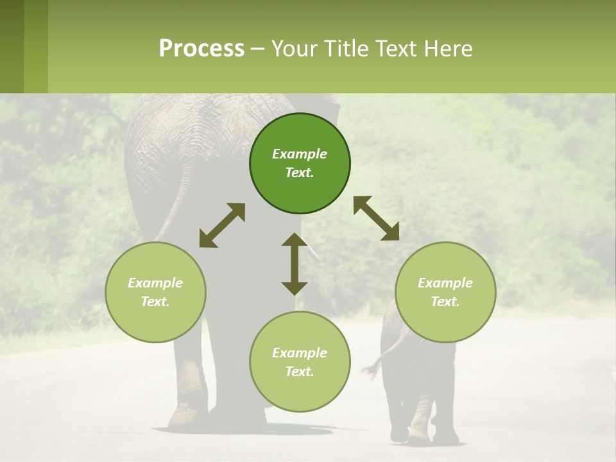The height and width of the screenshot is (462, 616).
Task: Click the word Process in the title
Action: [201, 49]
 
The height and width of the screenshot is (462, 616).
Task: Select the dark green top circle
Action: [300, 163]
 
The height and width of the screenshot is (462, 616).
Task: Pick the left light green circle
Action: [155, 292]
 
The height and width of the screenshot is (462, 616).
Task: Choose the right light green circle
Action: [445, 292]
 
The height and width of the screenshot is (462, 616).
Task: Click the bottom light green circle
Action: [300, 362]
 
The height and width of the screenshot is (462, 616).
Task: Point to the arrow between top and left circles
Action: [222, 225]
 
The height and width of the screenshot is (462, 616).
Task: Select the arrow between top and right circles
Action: [376, 218]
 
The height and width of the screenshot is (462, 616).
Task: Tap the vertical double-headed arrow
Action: [295, 264]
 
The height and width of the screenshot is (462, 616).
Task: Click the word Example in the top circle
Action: [300, 154]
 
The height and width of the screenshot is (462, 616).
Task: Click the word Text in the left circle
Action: [155, 302]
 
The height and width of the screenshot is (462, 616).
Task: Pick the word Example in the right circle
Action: [445, 283]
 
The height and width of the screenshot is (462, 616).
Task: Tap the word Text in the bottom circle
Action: [300, 372]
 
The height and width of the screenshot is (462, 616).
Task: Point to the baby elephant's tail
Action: [375, 364]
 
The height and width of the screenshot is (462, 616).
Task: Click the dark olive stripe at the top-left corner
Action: [12, 46]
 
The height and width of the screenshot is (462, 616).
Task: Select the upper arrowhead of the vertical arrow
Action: [295, 239]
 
